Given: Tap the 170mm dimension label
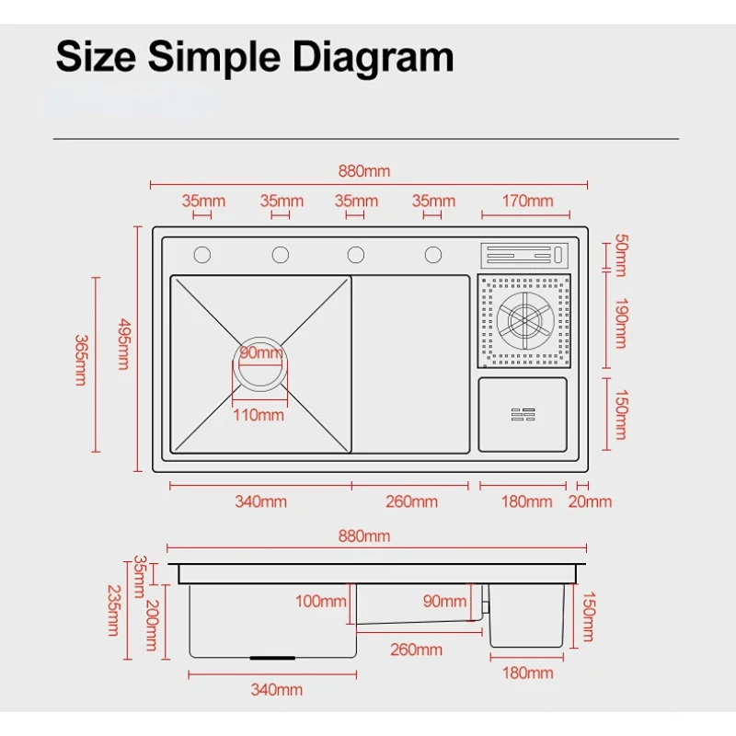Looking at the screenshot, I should click(x=528, y=201).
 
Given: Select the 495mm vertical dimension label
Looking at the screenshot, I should click(x=124, y=343).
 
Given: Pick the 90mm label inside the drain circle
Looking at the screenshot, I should click(x=261, y=353).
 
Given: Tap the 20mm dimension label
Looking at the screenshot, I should click(x=590, y=501).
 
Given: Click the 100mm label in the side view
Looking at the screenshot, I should click(x=321, y=602).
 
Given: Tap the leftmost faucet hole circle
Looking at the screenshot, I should click(x=201, y=254).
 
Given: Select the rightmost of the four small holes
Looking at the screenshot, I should click(x=432, y=254).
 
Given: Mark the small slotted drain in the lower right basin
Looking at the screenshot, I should click(x=522, y=415).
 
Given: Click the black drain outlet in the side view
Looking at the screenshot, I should click(x=273, y=658).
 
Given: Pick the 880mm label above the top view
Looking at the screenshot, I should click(x=364, y=171).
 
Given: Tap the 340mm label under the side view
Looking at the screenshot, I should click(x=276, y=689).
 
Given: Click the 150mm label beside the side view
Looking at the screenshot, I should click(x=589, y=616).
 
